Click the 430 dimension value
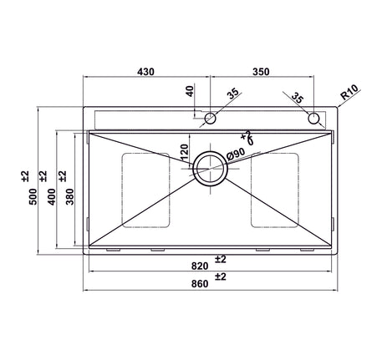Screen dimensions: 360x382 [x=147, y=73]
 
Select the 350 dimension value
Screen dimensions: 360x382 [x=260, y=73]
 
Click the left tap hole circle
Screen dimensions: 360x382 [x=211, y=118]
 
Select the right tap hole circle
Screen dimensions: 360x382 [x=314, y=118]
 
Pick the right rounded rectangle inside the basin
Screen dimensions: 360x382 [x=275, y=190]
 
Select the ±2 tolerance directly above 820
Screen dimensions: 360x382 [x=221, y=258]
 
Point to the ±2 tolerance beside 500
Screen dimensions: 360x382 [x=25, y=175]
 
